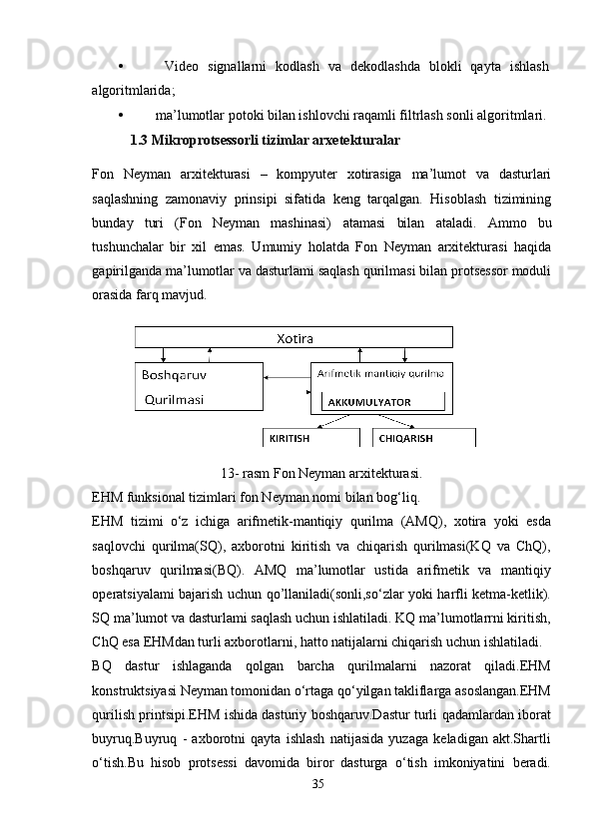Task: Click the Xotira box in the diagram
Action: click(294, 338)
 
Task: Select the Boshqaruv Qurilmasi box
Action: click(199, 387)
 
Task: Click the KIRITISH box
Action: click(309, 438)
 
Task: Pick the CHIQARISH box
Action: click(423, 438)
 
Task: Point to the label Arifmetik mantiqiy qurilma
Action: click(380, 373)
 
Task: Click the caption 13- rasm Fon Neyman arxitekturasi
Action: click(319, 472)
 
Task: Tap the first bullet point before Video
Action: click(120, 67)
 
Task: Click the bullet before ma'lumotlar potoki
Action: click(120, 115)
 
